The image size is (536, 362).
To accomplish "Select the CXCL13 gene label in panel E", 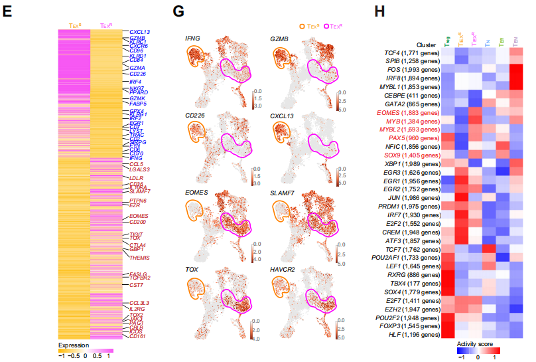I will pos(139,32).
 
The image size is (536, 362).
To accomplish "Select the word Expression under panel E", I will pos(73,346).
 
